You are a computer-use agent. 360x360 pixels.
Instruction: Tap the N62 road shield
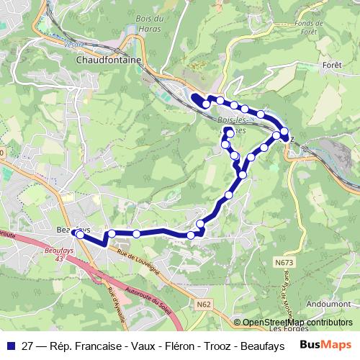pos(204,305)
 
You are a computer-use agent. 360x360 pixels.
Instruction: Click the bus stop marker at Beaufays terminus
pos(80,235)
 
